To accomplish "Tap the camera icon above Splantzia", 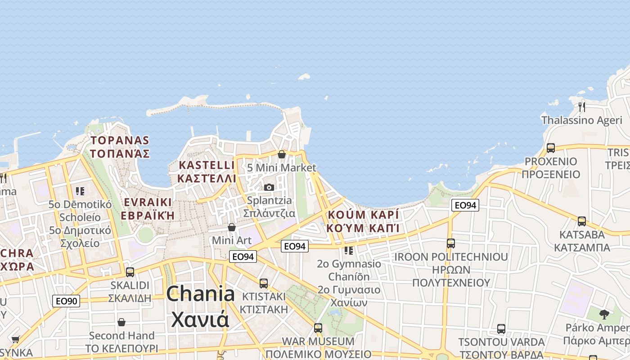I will pyautogui.click(x=269, y=187).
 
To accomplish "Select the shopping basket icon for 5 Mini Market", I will pyautogui.click(x=282, y=154).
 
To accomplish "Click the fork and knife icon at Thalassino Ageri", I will pyautogui.click(x=582, y=107).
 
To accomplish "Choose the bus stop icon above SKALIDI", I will pyautogui.click(x=130, y=272).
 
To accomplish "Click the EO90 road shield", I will pyautogui.click(x=66, y=301).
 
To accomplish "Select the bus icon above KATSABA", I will pyautogui.click(x=582, y=221).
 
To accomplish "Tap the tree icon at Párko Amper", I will pyautogui.click(x=604, y=314).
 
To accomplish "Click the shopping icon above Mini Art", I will pyautogui.click(x=232, y=227).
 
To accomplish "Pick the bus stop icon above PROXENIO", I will pyautogui.click(x=550, y=148).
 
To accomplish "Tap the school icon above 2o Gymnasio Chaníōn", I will pyautogui.click(x=349, y=250).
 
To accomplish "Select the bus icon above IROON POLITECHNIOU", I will pyautogui.click(x=451, y=243).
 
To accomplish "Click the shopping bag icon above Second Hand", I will pyautogui.click(x=121, y=322).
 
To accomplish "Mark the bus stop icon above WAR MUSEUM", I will pyautogui.click(x=318, y=328).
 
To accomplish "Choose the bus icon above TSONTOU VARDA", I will pyautogui.click(x=501, y=329).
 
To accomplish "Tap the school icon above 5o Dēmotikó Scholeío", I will pyautogui.click(x=80, y=191).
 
